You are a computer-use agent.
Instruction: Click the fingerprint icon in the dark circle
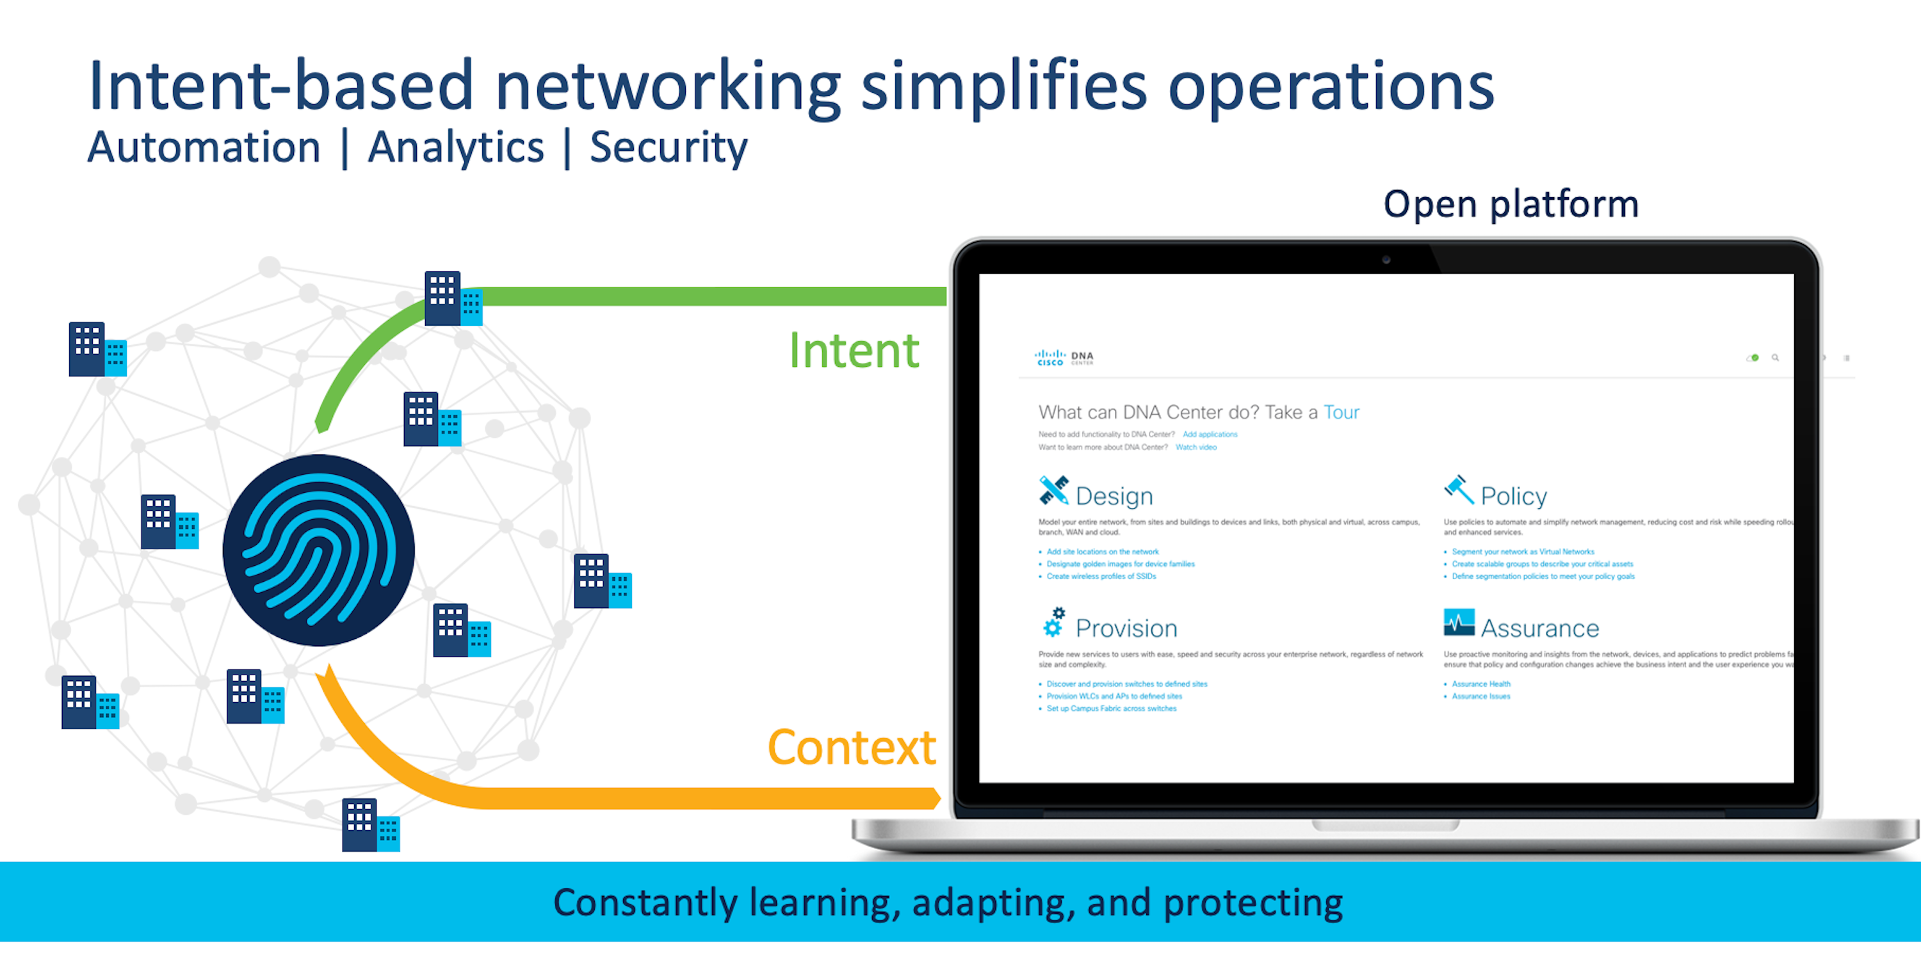coord(318,550)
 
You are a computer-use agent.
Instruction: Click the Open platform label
coord(1511,204)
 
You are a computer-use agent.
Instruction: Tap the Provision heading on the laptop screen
coord(1126,629)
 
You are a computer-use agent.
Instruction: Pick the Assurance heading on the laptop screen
coord(1539,629)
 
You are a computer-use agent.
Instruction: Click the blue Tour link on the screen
coord(1341,412)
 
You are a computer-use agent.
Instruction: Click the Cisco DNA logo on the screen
coord(1064,358)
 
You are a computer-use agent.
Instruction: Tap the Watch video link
coord(1196,447)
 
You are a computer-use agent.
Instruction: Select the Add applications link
coord(1210,435)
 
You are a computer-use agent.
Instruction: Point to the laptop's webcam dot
coord(1386,260)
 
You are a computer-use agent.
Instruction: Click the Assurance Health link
coord(1481,684)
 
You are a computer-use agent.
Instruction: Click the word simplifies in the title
coord(1003,87)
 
